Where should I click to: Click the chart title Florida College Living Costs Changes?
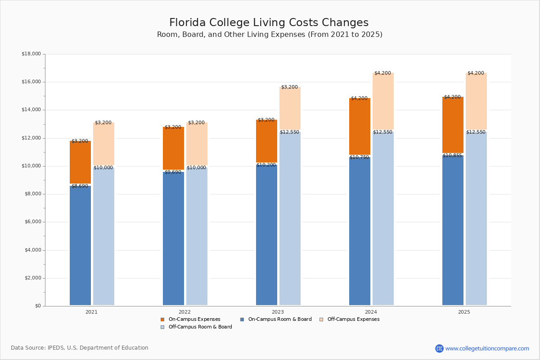269,23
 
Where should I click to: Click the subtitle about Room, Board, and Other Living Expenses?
270,35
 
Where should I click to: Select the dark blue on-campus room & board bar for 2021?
80,245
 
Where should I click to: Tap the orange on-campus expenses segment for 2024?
360,126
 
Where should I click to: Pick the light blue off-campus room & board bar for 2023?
290,218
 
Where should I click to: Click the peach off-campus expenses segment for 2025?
476,101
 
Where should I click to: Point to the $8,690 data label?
80,186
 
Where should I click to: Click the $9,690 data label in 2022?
173,172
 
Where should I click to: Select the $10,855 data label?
452,155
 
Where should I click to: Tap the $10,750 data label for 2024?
359,157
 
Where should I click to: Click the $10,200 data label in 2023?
266,165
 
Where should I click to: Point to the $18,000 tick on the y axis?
31,54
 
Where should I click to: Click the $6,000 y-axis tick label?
32,222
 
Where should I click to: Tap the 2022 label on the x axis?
184,312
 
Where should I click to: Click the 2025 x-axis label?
464,312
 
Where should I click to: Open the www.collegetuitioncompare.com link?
487,348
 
